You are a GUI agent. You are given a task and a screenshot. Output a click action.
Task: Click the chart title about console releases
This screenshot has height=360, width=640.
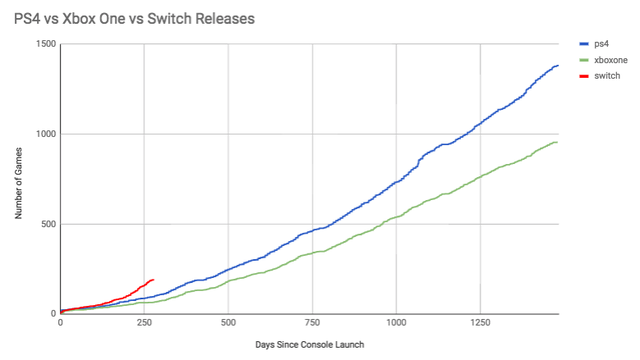click(134, 19)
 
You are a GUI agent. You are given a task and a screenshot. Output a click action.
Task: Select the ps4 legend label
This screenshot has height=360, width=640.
click(601, 44)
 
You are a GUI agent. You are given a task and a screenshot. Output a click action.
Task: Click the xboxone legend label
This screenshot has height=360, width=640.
click(611, 60)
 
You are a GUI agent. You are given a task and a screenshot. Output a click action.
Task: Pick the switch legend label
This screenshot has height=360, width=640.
click(607, 76)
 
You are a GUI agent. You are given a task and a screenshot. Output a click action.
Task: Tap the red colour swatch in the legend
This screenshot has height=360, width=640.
click(584, 76)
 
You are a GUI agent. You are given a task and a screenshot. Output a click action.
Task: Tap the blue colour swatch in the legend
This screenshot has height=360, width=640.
click(584, 44)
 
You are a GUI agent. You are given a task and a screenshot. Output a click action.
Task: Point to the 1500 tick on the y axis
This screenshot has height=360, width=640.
click(46, 44)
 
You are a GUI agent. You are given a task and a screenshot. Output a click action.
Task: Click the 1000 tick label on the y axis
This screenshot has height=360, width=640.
click(46, 134)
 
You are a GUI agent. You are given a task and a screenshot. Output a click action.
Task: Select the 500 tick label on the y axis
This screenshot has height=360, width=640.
click(49, 224)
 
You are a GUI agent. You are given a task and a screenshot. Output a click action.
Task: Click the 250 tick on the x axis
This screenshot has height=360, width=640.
click(144, 323)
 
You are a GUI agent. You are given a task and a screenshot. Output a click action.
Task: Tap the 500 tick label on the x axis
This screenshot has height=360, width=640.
click(228, 323)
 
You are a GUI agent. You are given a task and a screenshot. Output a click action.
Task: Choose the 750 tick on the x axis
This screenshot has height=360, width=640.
click(312, 323)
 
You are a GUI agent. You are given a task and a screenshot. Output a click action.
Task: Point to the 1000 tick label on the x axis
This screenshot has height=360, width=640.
click(396, 323)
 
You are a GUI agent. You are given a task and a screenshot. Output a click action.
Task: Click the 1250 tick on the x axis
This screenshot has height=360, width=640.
click(480, 323)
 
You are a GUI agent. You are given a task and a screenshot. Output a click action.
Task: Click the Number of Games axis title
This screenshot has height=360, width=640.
click(18, 183)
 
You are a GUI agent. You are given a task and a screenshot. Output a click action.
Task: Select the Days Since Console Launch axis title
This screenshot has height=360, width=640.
click(310, 345)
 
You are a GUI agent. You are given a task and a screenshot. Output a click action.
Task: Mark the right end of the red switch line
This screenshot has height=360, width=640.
click(153, 280)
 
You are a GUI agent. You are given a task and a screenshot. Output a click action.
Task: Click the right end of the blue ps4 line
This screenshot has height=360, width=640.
click(558, 65)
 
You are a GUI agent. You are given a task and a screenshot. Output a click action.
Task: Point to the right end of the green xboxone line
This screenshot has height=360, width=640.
click(558, 142)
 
